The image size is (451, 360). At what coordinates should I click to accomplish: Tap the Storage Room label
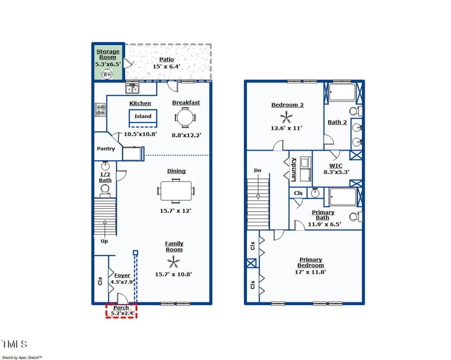click(108, 54)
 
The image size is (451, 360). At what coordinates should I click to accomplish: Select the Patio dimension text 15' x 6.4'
click(166, 67)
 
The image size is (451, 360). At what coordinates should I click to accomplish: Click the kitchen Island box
click(143, 117)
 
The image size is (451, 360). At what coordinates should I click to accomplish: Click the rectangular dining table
click(175, 190)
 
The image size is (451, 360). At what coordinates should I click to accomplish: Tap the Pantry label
click(105, 149)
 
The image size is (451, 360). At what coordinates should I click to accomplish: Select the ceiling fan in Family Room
click(173, 261)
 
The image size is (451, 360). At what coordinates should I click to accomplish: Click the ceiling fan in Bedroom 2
click(287, 117)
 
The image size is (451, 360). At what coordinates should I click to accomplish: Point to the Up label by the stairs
click(104, 241)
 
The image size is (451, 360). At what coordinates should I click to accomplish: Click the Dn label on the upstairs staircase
click(258, 170)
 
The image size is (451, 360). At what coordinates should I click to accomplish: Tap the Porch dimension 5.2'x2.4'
click(122, 313)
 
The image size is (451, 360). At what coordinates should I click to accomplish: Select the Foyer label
click(122, 275)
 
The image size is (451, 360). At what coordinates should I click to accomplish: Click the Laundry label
click(294, 169)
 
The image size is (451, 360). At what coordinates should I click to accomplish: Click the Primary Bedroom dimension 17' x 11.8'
click(311, 272)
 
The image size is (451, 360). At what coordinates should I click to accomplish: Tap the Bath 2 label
click(338, 122)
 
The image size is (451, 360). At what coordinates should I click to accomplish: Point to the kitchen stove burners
click(101, 109)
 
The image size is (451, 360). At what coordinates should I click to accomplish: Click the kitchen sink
click(133, 89)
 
